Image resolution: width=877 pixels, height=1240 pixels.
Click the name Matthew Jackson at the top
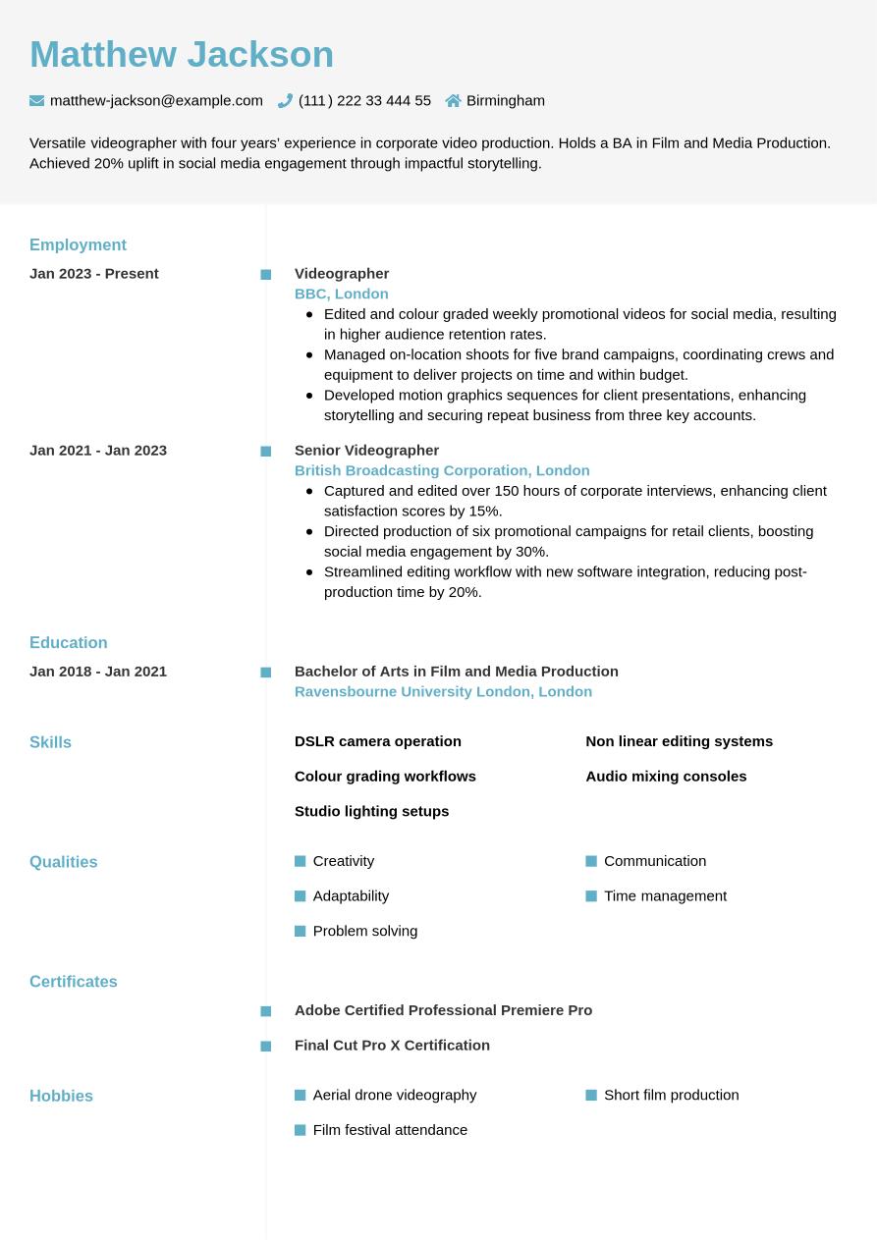[x=182, y=55]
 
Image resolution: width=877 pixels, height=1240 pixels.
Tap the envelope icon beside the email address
[x=37, y=100]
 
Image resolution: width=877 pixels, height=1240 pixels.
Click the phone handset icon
[x=286, y=100]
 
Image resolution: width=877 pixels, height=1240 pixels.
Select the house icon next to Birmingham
[x=453, y=100]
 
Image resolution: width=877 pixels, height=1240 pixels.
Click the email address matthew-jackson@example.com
[x=156, y=100]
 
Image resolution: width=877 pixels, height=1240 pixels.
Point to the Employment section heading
[x=78, y=244]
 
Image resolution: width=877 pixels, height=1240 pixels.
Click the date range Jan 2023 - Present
[x=94, y=274]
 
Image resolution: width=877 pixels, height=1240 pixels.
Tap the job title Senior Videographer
[x=366, y=451]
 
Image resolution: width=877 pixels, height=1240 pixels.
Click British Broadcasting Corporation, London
[x=442, y=470]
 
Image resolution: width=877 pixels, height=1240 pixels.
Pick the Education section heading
[x=69, y=642]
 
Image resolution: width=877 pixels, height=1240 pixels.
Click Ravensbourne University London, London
[x=443, y=691]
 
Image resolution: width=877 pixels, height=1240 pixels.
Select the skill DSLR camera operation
[x=377, y=741]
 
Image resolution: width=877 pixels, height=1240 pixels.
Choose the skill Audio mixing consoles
[x=666, y=777]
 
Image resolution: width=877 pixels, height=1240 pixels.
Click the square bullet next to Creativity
[x=301, y=861]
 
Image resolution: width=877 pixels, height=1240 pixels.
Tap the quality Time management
[x=665, y=896]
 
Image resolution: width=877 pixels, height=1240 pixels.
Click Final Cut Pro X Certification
[x=392, y=1046]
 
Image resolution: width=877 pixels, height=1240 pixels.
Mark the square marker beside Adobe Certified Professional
[x=266, y=1011]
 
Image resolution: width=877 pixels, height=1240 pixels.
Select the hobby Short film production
[x=671, y=1095]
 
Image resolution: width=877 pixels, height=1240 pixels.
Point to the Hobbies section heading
[x=61, y=1096]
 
